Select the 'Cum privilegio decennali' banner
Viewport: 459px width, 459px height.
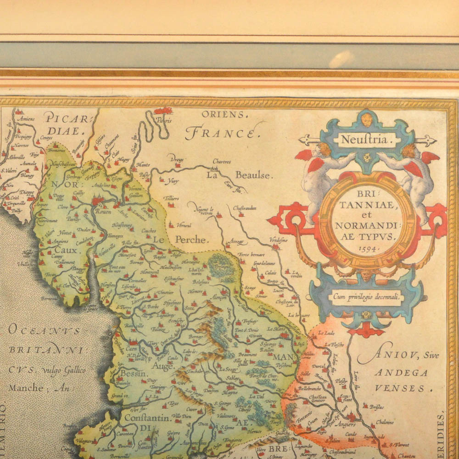pos(366,297)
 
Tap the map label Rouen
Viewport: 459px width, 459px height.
pos(103,212)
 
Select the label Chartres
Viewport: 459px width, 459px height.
pos(222,162)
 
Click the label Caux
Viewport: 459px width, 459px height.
pos(65,251)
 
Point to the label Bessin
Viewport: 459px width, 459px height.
pos(133,374)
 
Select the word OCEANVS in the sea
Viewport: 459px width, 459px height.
pos(44,331)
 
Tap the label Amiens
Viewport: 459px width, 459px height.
pos(26,119)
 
